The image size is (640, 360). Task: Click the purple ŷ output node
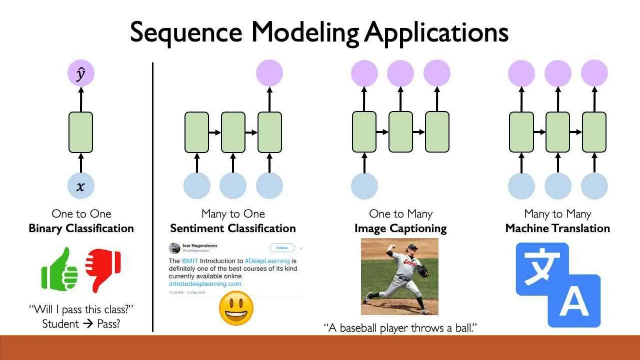pos(81,73)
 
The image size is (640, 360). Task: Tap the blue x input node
pos(81,186)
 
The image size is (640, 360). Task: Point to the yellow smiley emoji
pos(236,308)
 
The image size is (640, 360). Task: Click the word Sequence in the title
pos(186,33)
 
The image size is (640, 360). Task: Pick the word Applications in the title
pos(436,33)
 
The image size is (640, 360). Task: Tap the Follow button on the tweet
pos(282,248)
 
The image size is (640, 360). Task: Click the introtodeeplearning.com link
pos(205,284)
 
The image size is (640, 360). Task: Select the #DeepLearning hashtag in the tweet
pos(267,261)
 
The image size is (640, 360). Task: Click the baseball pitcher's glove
pos(423,271)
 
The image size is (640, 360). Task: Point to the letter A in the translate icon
pos(574,302)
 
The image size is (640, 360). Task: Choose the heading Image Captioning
pos(401,228)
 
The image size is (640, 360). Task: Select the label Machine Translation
pos(557,228)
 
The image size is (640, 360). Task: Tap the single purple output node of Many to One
pos(269,73)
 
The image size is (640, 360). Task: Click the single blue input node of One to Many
pos(364,186)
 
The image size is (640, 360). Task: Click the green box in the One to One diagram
pos(81,132)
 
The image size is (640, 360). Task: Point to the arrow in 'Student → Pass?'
pos(88,324)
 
